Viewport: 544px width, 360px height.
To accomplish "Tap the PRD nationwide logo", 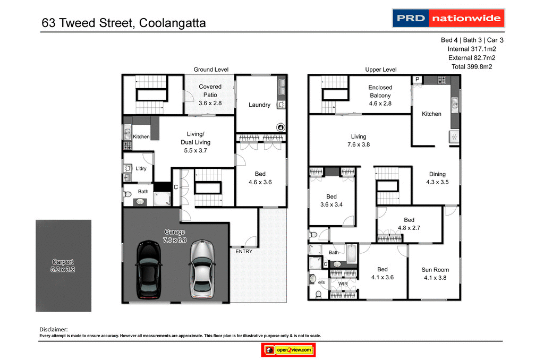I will [x=448, y=18].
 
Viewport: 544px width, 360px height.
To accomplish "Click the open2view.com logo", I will [x=289, y=350].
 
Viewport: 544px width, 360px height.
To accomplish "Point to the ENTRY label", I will [x=244, y=252].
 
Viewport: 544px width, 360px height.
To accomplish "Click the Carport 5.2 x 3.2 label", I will [x=63, y=265].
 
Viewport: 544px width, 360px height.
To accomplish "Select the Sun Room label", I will [x=435, y=273].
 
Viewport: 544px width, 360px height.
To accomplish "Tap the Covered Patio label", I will [x=210, y=95].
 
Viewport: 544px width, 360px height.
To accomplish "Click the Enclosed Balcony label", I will [x=380, y=96].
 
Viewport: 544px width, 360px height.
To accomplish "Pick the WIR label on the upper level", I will [x=343, y=284].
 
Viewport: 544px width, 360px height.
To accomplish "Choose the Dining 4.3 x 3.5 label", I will [x=437, y=178].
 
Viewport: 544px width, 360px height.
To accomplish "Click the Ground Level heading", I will [x=211, y=70].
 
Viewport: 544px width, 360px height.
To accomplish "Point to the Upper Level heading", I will [x=381, y=70].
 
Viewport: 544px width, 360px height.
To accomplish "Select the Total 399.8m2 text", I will [x=472, y=66].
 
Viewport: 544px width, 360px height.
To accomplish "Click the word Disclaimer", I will [x=54, y=329].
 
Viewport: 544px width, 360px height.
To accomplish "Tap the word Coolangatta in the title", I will [x=172, y=23].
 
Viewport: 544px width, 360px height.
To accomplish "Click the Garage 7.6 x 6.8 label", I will [x=175, y=235].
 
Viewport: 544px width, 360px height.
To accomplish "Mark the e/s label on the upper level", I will [x=321, y=282].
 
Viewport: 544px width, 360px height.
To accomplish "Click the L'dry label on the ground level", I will [x=141, y=168].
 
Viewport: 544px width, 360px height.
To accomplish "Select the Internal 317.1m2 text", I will [x=472, y=49].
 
